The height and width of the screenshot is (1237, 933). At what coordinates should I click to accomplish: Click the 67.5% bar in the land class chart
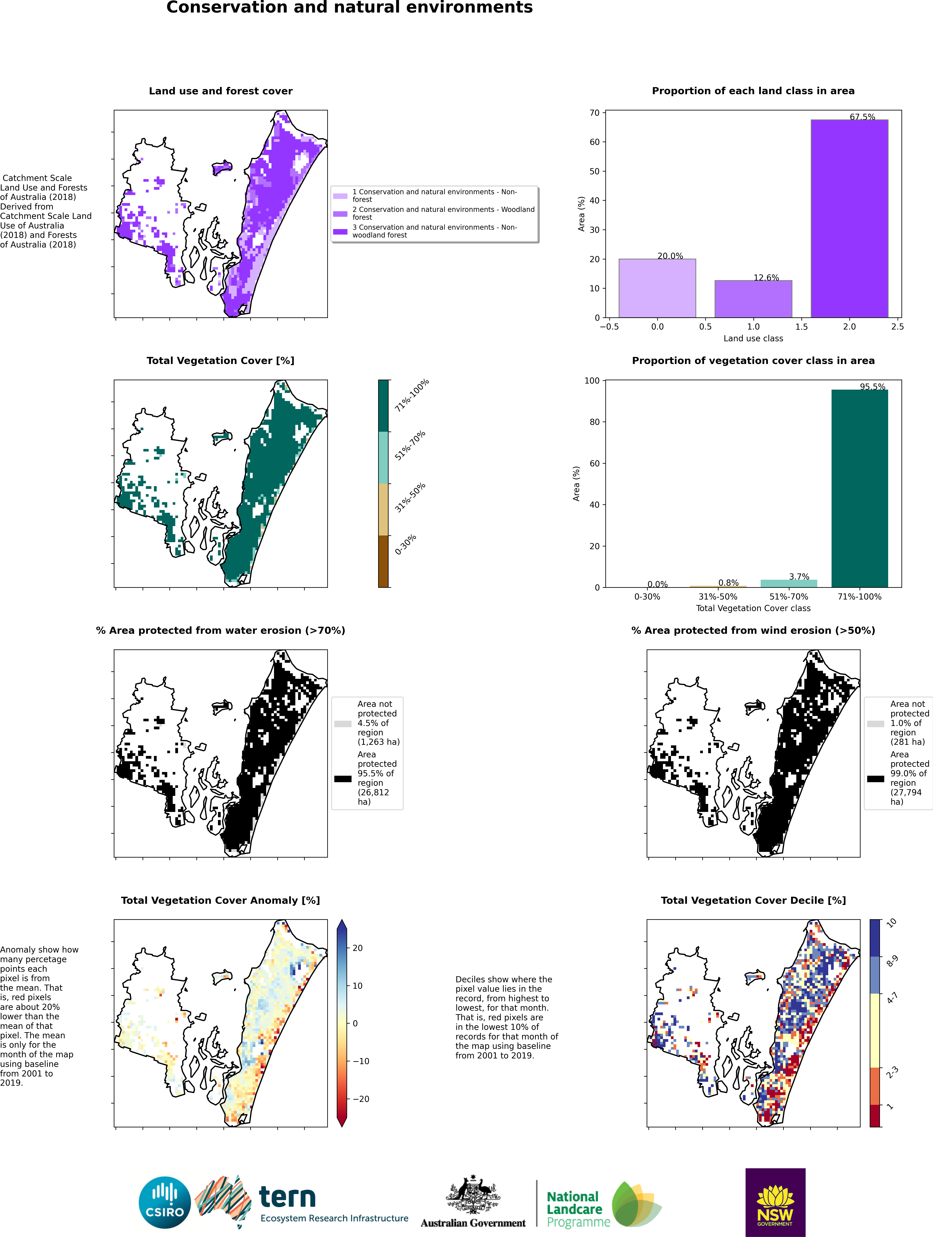tap(849, 218)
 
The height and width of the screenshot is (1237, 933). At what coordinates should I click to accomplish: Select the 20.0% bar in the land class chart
tap(657, 288)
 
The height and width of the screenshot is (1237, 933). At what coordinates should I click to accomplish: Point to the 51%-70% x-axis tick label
tap(789, 597)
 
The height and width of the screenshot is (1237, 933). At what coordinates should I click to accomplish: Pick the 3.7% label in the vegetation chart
tap(799, 577)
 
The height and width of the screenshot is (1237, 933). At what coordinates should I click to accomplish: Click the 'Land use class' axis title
tap(753, 338)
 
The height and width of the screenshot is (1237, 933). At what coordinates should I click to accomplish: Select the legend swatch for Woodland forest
tap(340, 214)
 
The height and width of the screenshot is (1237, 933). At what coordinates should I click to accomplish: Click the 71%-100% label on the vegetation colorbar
tap(412, 395)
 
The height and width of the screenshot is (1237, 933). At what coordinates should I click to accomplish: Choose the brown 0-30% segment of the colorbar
tap(383, 561)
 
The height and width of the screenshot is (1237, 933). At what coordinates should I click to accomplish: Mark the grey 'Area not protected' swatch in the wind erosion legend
tap(875, 724)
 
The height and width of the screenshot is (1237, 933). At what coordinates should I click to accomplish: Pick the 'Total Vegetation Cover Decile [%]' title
tap(753, 900)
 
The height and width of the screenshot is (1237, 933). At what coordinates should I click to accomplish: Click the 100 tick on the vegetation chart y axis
tap(592, 381)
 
